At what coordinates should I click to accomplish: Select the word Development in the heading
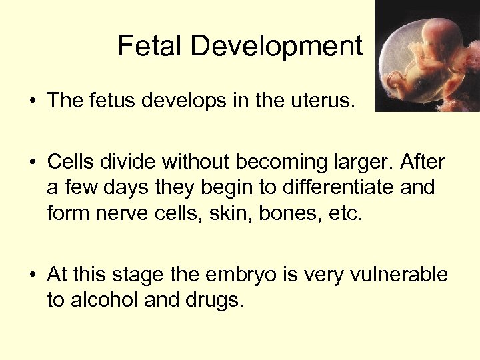click(x=276, y=46)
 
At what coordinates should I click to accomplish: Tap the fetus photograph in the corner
click(x=427, y=56)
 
